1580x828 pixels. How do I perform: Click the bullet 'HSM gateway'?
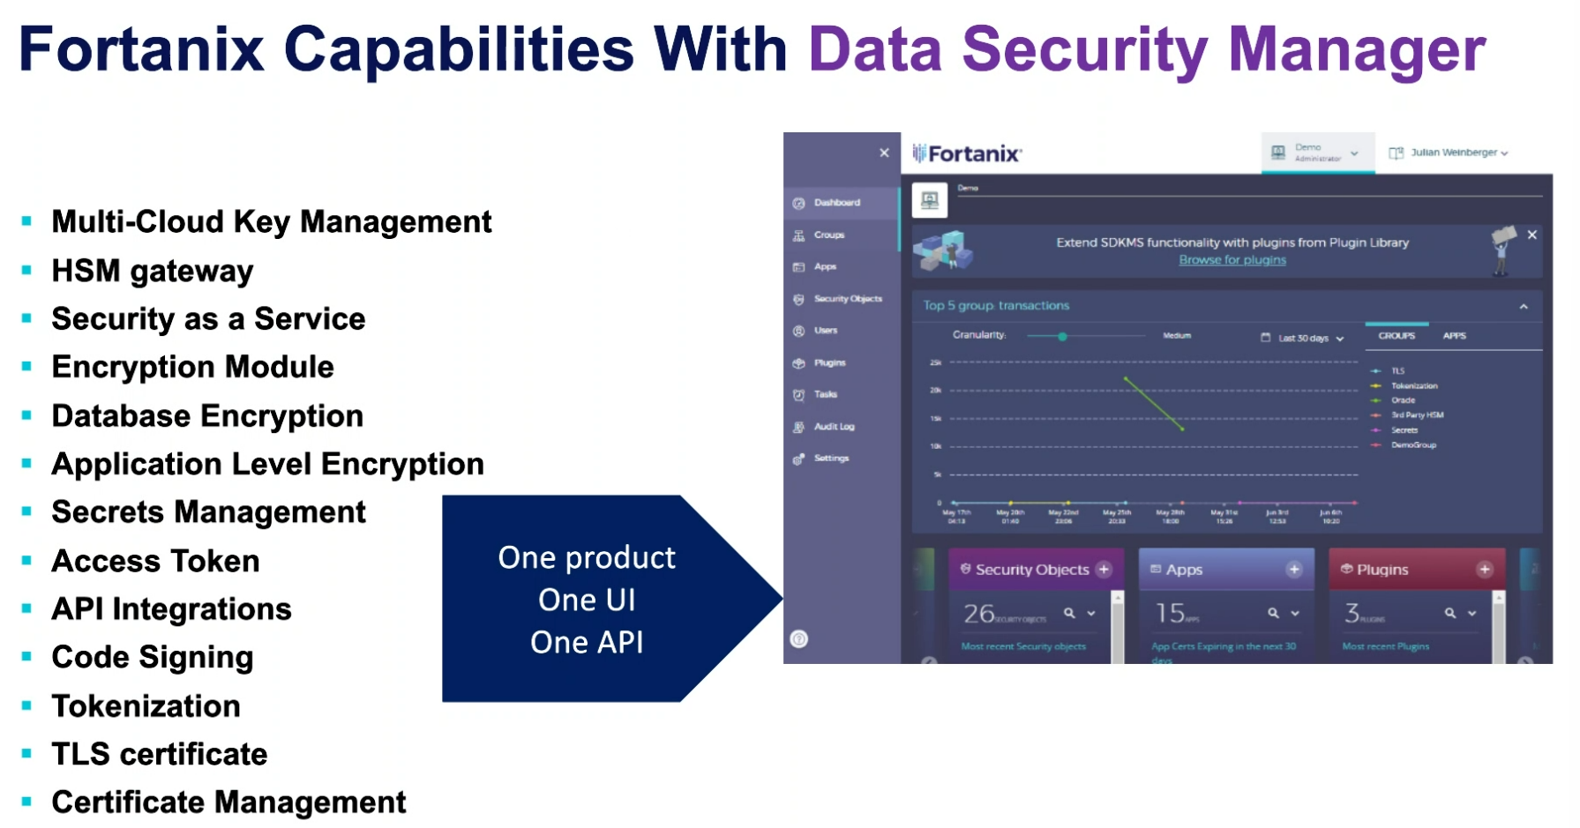click(x=152, y=271)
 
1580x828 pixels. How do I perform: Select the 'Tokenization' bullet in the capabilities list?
click(x=146, y=706)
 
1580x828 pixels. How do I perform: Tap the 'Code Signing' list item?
click(x=152, y=658)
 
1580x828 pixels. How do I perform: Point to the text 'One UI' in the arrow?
click(x=587, y=600)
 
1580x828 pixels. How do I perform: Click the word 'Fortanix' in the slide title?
click(x=141, y=49)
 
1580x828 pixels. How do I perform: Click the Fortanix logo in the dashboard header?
click(x=967, y=154)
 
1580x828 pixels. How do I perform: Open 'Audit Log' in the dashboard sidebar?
click(x=833, y=427)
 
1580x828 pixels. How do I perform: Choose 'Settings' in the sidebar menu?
click(x=830, y=459)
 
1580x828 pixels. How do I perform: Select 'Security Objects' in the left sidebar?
click(x=847, y=299)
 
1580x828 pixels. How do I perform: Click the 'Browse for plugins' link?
click(x=1232, y=260)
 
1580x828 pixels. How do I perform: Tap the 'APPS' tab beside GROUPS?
click(x=1454, y=336)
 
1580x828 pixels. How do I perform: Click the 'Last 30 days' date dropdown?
click(x=1303, y=339)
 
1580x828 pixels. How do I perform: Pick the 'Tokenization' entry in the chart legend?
click(x=1413, y=386)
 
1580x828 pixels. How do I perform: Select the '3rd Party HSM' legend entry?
click(x=1417, y=415)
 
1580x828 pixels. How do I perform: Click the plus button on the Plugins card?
click(x=1485, y=570)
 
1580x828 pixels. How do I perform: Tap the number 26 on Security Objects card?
click(x=978, y=613)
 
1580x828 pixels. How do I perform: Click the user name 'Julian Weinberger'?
click(x=1453, y=153)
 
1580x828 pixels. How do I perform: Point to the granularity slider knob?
click(x=1062, y=337)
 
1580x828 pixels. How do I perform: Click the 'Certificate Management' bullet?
click(x=228, y=802)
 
